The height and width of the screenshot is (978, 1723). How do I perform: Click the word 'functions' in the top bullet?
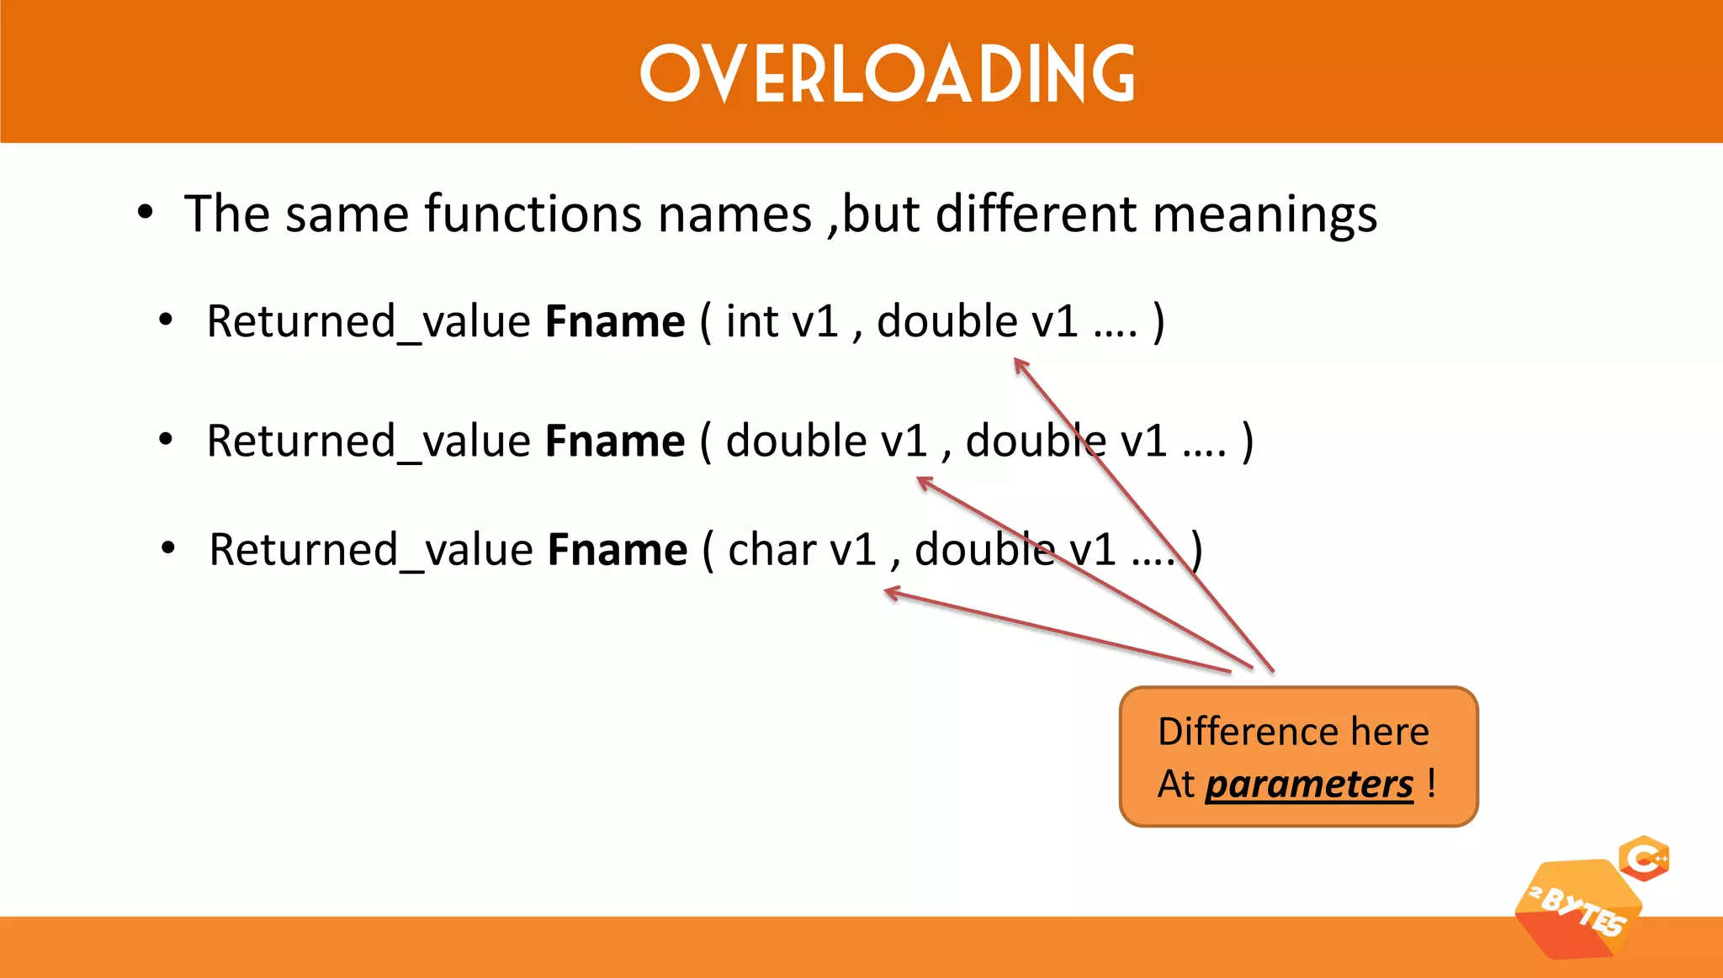533,214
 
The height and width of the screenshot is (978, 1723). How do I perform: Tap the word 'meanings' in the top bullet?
1264,215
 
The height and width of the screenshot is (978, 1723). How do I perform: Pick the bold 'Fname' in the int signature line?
615,322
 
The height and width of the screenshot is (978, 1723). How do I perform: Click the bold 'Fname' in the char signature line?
618,550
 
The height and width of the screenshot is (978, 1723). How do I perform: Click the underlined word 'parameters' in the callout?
1309,785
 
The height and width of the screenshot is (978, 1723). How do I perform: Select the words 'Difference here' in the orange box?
1293,732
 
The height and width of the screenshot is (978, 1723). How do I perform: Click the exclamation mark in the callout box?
1431,783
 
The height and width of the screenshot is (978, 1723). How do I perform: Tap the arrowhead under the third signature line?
891,594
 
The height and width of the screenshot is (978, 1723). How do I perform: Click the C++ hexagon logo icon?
1644,859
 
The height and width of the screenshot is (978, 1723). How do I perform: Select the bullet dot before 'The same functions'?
146,213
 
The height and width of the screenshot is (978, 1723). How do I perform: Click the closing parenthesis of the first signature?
1158,322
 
